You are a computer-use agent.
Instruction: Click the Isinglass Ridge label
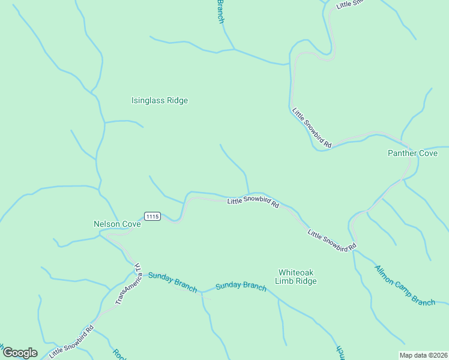(160, 101)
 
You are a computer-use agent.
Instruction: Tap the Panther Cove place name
(412, 154)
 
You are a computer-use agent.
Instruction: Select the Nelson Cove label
(117, 224)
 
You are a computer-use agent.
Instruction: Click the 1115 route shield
(152, 216)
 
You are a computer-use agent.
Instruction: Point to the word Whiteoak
(296, 272)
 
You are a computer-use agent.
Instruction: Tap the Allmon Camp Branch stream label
(405, 285)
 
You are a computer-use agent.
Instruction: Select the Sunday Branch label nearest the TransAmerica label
(172, 282)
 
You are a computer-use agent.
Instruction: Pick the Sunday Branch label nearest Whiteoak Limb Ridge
(241, 286)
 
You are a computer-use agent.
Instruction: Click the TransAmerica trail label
(128, 282)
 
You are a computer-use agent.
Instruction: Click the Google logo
(20, 353)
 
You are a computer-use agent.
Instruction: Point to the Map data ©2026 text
(424, 355)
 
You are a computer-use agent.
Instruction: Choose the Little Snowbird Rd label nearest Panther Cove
(312, 127)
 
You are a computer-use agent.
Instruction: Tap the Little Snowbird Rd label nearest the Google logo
(72, 341)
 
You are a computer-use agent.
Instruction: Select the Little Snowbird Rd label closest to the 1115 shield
(253, 202)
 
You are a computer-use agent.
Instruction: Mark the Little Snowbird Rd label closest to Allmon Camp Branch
(332, 239)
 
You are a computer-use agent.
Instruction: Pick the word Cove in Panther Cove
(428, 154)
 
